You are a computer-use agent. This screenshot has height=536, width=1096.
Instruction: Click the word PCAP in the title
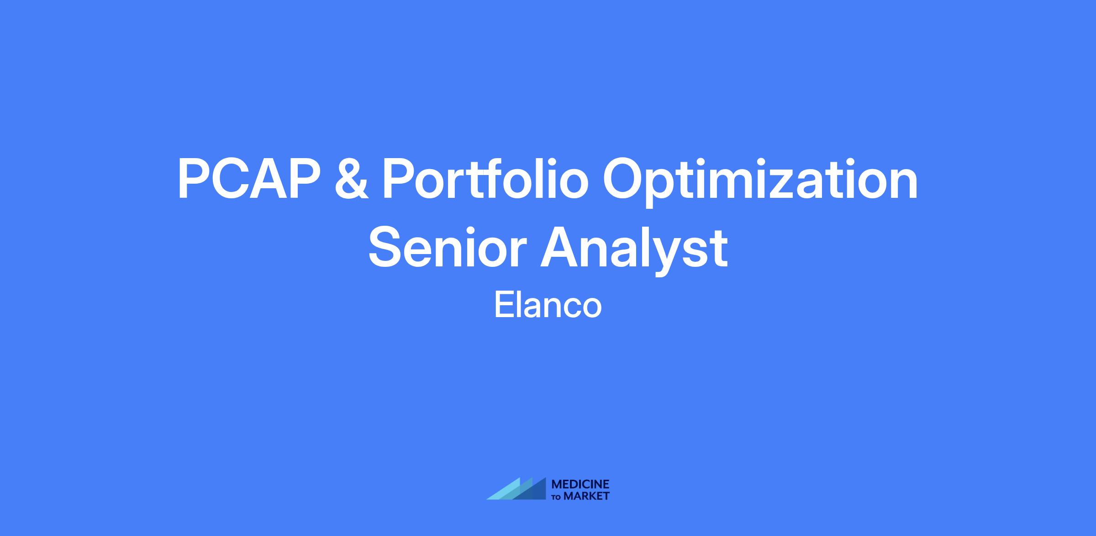(x=249, y=180)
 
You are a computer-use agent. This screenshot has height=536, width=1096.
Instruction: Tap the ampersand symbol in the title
(x=352, y=180)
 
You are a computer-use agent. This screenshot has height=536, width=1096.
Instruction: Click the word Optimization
(x=760, y=181)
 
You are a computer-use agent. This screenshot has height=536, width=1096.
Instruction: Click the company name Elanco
(x=548, y=305)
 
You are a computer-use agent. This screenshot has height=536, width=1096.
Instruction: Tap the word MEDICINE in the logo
(x=580, y=484)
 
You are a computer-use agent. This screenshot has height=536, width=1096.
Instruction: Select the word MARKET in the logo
(x=587, y=496)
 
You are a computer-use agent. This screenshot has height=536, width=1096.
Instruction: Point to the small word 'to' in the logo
(x=557, y=497)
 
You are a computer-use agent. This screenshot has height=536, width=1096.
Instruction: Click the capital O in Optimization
(x=623, y=180)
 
